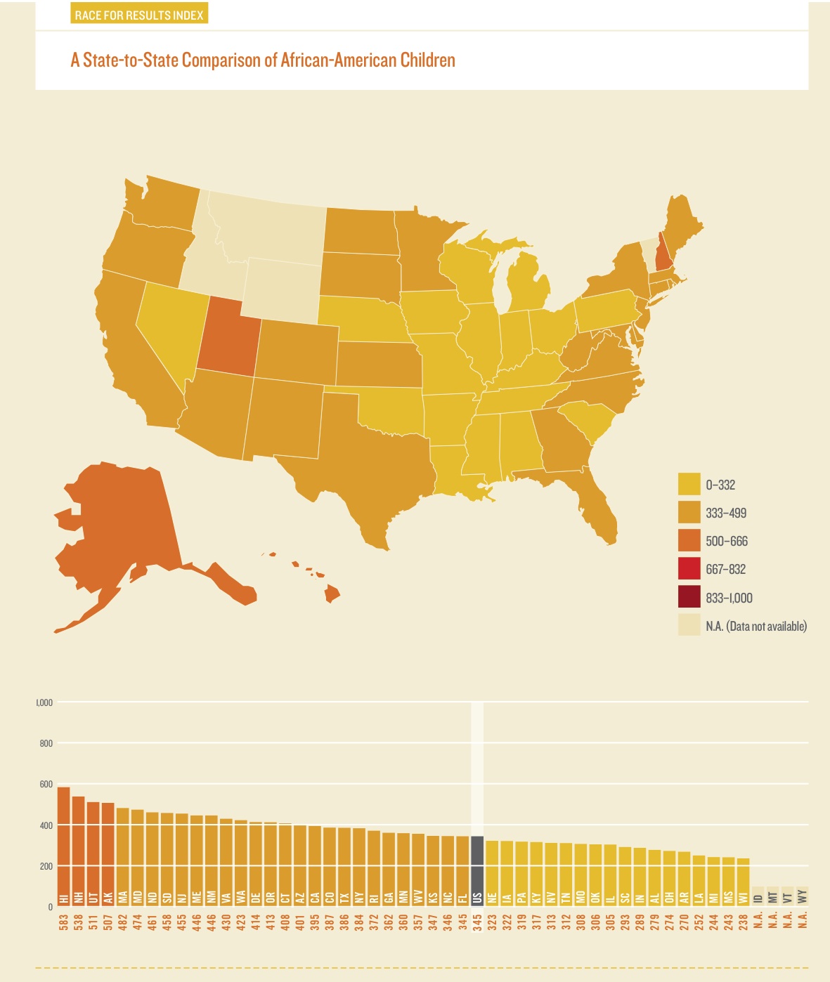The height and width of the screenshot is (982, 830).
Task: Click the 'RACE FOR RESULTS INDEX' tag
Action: coord(139,15)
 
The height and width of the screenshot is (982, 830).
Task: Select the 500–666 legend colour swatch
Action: coord(689,541)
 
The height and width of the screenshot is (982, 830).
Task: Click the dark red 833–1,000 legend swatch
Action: coord(689,598)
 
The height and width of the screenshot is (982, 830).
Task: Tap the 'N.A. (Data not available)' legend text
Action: coord(756,626)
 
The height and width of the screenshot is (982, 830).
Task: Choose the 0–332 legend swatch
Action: coord(689,485)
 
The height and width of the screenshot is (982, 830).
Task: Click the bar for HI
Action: coord(63,846)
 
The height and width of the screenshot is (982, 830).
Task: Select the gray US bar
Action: coord(477,871)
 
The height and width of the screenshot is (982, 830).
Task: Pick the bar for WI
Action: coord(743,882)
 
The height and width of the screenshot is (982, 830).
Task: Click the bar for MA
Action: coord(122,857)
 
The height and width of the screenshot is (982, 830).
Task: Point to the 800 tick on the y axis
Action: coord(46,743)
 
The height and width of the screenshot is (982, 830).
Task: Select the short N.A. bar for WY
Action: coord(802,896)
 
